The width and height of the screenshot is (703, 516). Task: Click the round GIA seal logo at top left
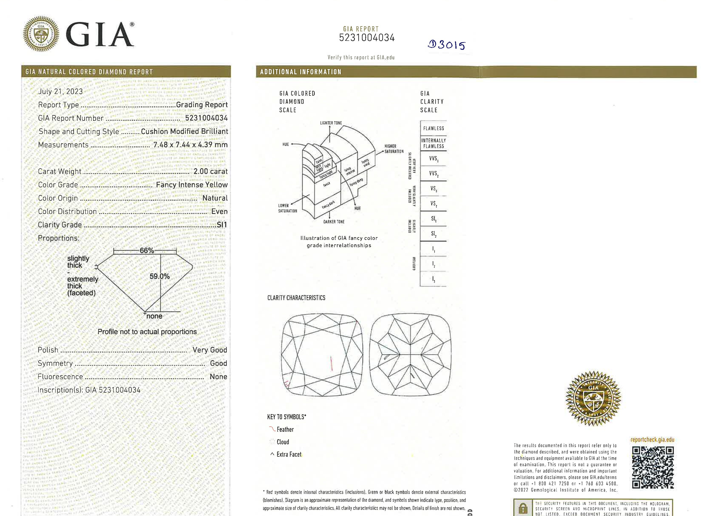point(41,34)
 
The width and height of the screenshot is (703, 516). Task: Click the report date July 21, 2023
point(60,91)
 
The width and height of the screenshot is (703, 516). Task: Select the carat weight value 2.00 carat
point(210,171)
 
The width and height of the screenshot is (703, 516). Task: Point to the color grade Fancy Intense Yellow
point(192,185)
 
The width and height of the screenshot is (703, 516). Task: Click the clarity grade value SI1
point(222,225)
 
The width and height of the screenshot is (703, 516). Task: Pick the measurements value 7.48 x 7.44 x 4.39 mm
point(190,145)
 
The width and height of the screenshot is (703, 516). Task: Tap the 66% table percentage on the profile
point(147,251)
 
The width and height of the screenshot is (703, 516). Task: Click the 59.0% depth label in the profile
point(159,277)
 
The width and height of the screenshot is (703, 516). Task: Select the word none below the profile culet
point(154,316)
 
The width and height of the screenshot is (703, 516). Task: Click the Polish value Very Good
point(210,350)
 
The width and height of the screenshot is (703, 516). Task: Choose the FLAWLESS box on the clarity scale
point(433,128)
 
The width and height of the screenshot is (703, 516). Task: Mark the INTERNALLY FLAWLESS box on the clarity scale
point(433,143)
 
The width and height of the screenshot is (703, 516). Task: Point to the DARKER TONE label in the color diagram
point(334,222)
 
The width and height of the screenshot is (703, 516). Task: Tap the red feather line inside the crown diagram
point(331,363)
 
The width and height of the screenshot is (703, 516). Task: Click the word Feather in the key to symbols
point(285,429)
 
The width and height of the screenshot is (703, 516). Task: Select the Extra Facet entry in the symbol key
point(289,455)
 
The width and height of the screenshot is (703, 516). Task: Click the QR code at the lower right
point(653,467)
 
